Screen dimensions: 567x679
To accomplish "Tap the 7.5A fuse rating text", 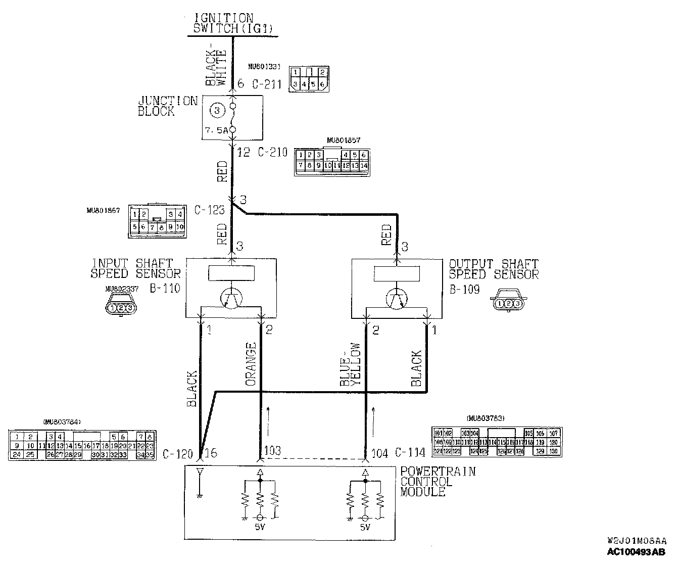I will click(216, 130).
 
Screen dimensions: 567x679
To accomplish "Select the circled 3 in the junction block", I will click(216, 110).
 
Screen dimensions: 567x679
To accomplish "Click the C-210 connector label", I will click(272, 152).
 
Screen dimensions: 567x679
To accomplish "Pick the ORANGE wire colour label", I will click(251, 364).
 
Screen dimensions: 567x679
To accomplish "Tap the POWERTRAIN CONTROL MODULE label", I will click(438, 481).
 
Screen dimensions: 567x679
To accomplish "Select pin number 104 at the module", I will click(380, 452).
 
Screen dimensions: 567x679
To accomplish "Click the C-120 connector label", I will click(177, 454).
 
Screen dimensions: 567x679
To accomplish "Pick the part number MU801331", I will click(264, 66).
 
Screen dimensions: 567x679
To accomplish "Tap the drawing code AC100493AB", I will click(637, 552).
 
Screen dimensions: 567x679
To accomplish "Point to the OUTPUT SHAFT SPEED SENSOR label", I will click(493, 269).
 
